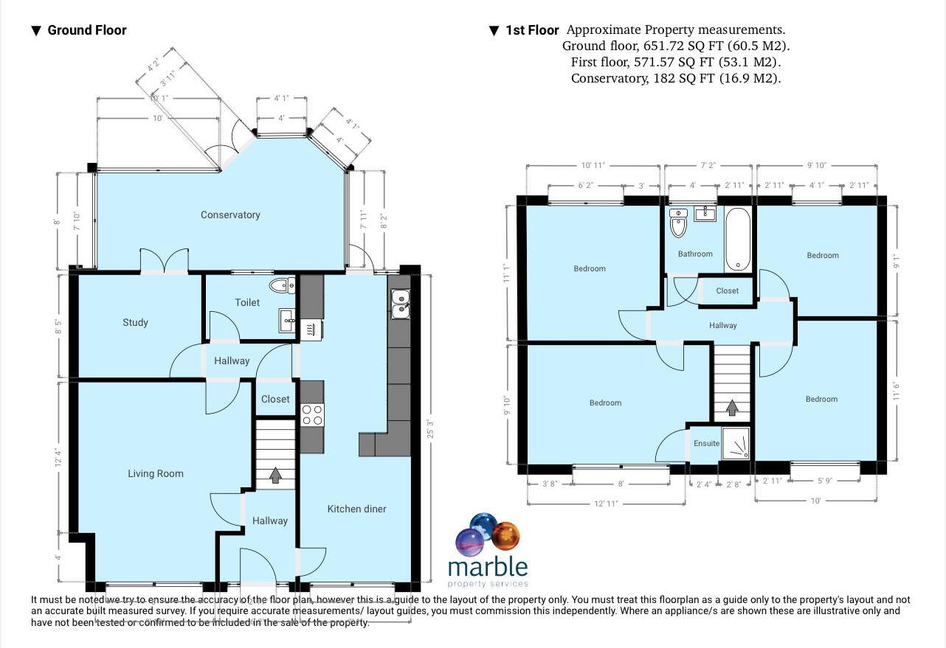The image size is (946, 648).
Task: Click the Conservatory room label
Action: [230, 215]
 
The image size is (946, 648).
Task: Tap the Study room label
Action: [135, 322]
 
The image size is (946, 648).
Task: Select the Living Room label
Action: [155, 473]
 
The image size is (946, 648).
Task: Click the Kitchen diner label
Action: [356, 509]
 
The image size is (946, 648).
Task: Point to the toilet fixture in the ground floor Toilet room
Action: [282, 286]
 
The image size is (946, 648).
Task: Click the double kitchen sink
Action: [401, 304]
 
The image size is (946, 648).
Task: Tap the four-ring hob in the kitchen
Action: [312, 414]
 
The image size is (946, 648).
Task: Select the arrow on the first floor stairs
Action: [731, 407]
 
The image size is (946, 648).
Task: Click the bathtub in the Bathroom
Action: [737, 240]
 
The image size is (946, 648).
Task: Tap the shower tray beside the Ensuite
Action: [735, 444]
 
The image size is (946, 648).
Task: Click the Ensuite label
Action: [706, 444]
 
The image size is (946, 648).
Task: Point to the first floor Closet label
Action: [727, 290]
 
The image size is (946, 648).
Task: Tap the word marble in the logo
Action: [488, 567]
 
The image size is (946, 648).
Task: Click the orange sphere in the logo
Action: [505, 535]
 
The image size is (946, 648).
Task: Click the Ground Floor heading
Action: [86, 30]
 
